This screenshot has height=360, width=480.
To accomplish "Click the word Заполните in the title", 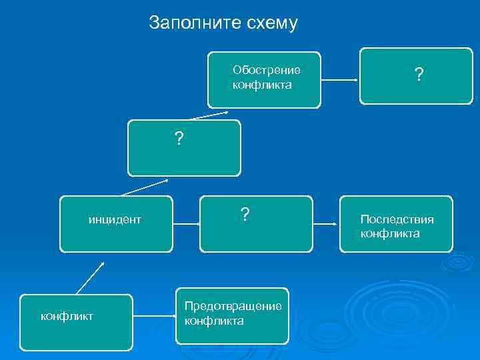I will pyautogui.click(x=186, y=23).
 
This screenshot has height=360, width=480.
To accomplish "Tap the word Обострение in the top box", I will pyautogui.click(x=266, y=70).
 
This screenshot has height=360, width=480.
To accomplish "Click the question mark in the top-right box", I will pyautogui.click(x=418, y=76).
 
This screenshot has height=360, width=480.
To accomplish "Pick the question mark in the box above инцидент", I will pyautogui.click(x=179, y=139).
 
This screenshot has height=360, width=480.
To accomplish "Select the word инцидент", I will pyautogui.click(x=115, y=219).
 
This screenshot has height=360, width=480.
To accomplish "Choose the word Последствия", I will pyautogui.click(x=397, y=219).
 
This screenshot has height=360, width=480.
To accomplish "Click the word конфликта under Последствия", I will pyautogui.click(x=390, y=233).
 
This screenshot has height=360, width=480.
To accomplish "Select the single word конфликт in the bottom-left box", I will pyautogui.click(x=67, y=315).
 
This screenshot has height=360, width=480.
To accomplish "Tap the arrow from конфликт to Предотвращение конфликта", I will pyautogui.click(x=153, y=317).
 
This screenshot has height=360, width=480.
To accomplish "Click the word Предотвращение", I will pyautogui.click(x=233, y=306).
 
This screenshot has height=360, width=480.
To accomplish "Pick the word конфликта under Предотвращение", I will pyautogui.click(x=214, y=321).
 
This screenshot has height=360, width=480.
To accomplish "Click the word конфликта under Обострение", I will pyautogui.click(x=262, y=85).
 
